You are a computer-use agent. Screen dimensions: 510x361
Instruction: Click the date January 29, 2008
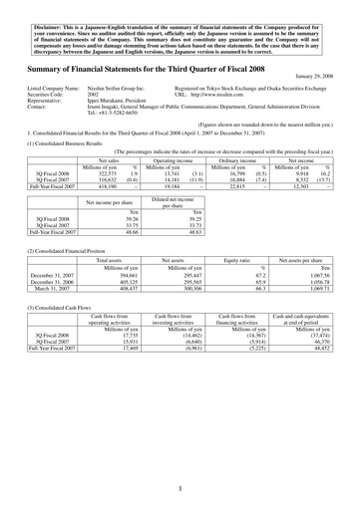319,79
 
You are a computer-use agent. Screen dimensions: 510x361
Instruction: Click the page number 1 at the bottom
180,489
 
